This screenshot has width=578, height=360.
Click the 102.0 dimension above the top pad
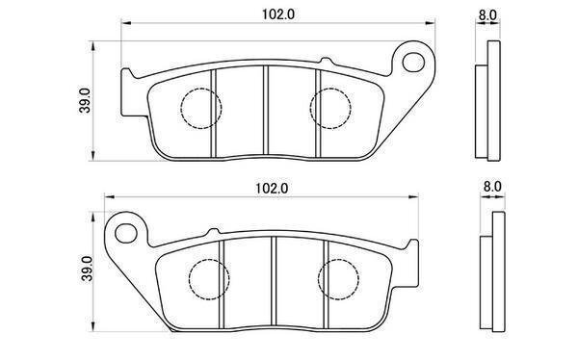click(x=278, y=14)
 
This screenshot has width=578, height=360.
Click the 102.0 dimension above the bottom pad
click(x=272, y=189)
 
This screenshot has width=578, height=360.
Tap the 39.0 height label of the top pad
click(x=85, y=101)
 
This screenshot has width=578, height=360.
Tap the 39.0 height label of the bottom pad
click(x=87, y=269)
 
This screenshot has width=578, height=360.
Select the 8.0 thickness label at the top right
click(x=487, y=15)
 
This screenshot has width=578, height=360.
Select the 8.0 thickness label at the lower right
click(x=492, y=187)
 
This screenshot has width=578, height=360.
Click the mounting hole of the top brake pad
click(x=413, y=63)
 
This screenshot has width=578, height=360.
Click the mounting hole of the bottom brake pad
click(x=126, y=233)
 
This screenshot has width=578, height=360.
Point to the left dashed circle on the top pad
click(x=201, y=109)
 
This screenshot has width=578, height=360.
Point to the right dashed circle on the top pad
click(x=330, y=109)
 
